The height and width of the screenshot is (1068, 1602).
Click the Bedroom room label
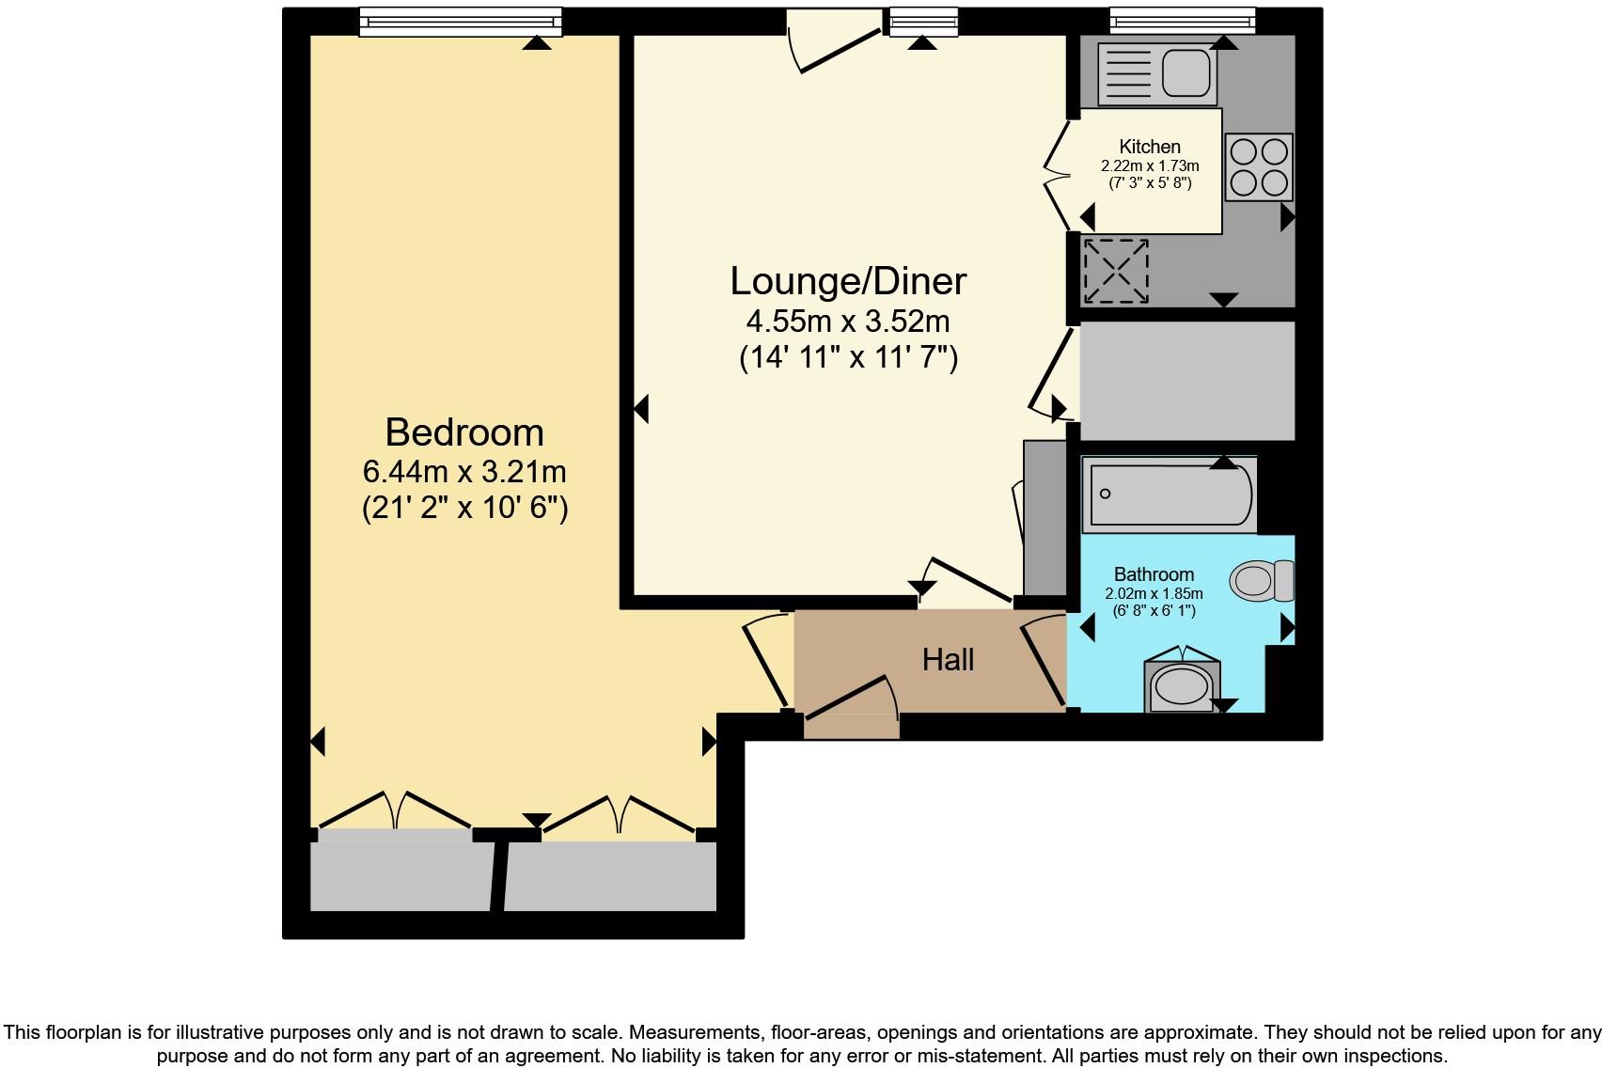tap(464, 432)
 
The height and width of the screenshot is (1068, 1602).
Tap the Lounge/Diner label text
tap(848, 281)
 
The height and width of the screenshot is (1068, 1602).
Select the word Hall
tap(948, 660)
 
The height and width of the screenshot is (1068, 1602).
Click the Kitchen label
tap(1150, 147)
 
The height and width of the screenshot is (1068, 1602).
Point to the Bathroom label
tap(1154, 574)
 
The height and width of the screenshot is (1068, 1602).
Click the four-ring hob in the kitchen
tap(1259, 167)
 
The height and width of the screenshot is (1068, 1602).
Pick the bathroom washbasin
tap(1182, 685)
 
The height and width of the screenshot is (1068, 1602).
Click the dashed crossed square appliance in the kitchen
tap(1116, 272)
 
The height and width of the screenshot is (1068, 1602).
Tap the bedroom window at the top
tap(460, 22)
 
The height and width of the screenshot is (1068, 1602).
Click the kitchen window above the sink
tap(1182, 21)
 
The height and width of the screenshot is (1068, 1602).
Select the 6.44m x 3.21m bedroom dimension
tap(464, 470)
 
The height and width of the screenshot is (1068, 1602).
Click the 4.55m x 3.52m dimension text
tap(848, 322)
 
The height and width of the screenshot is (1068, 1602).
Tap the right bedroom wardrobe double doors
tap(619, 813)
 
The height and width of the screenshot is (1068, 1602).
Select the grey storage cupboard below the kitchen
tap(1186, 380)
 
